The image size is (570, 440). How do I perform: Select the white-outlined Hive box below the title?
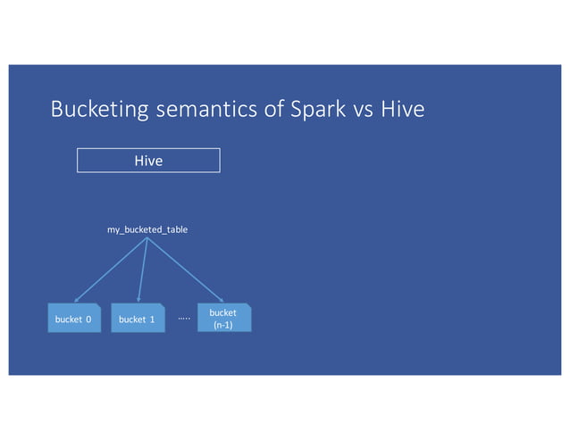pyautogui.click(x=148, y=161)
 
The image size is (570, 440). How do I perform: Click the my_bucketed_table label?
pyautogui.click(x=147, y=230)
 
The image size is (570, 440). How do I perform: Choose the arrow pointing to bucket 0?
pyautogui.click(x=112, y=270)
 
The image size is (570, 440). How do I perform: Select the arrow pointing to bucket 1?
pyautogui.click(x=143, y=270)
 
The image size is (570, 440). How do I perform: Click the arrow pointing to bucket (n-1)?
pyautogui.click(x=186, y=270)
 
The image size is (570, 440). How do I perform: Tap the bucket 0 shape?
pyautogui.click(x=74, y=319)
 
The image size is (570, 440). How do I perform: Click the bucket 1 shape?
pyautogui.click(x=138, y=319)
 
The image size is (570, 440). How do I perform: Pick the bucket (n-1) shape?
pyautogui.click(x=223, y=319)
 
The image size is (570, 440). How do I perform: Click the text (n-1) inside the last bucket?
pyautogui.click(x=223, y=325)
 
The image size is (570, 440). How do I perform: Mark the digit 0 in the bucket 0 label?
pyautogui.click(x=88, y=320)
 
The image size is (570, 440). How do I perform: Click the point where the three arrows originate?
pyautogui.click(x=147, y=240)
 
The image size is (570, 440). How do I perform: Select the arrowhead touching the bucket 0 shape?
pyautogui.click(x=78, y=301)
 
